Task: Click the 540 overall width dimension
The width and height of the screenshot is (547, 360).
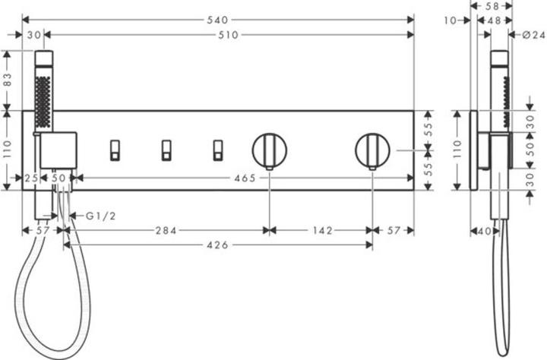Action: (217, 20)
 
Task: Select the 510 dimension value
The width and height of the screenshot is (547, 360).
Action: (228, 35)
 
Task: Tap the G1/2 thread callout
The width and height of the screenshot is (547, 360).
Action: (101, 216)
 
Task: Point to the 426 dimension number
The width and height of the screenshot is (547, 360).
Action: (218, 245)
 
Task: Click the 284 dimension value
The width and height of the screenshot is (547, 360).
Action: (166, 230)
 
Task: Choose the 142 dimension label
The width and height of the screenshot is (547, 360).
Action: (323, 230)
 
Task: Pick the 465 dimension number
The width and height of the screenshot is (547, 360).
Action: (245, 178)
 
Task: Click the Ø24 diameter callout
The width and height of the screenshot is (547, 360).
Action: (534, 35)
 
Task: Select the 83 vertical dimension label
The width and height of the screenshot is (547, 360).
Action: (8, 80)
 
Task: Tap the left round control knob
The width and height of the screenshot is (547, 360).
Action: (269, 150)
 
